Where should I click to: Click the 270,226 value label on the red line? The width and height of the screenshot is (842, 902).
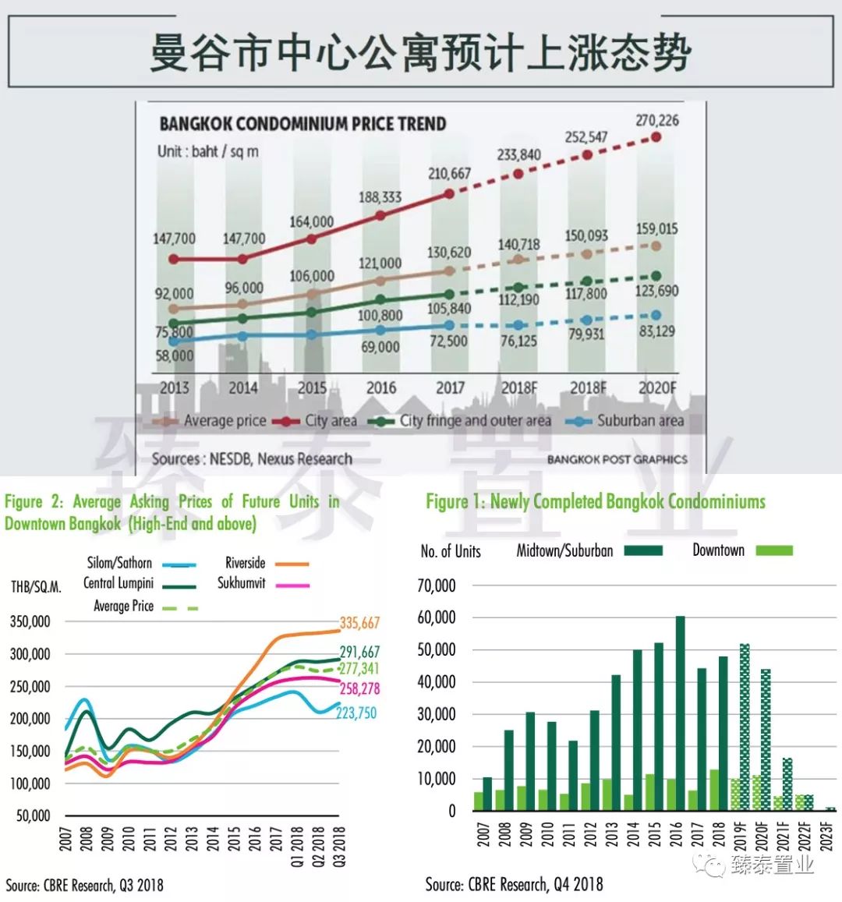tap(656, 120)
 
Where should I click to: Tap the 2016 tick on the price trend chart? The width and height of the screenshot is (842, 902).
tap(381, 387)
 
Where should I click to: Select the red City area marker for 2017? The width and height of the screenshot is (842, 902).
tap(449, 193)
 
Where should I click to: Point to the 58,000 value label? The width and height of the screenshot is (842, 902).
tap(175, 356)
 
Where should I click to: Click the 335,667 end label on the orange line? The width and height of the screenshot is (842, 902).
tap(359, 622)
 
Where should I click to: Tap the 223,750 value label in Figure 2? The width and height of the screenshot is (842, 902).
tap(356, 713)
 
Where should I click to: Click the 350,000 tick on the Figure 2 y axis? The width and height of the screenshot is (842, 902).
tap(30, 621)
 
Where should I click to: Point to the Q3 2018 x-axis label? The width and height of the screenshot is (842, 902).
tap(339, 847)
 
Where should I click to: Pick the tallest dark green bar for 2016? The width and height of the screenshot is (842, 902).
tap(680, 713)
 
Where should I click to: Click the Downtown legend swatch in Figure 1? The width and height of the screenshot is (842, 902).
tap(773, 550)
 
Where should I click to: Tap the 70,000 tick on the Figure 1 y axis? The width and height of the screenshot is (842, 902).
tap(437, 585)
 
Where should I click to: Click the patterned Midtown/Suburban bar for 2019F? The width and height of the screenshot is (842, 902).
tap(745, 727)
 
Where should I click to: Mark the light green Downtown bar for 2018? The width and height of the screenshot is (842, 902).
tap(713, 791)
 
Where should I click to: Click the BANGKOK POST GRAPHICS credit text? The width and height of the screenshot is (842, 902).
tap(617, 459)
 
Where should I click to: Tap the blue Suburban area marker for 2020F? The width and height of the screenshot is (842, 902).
tap(656, 315)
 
